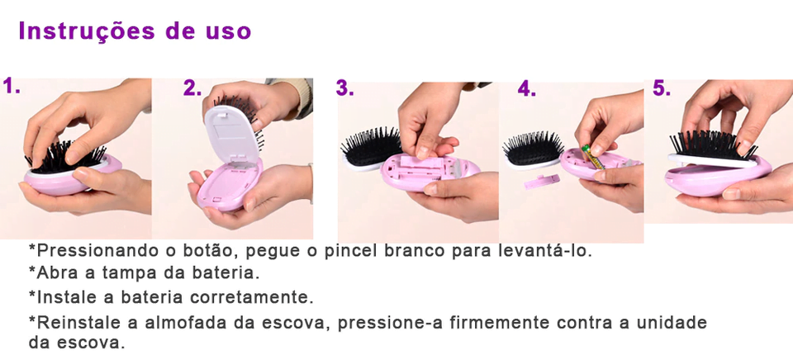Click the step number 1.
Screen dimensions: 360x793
pos(12,87)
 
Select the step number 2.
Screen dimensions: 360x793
pos(192,88)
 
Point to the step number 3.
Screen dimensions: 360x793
pos(344,89)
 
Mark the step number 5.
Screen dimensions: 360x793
pos(662,88)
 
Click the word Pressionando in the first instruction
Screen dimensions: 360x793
pos(86,250)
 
